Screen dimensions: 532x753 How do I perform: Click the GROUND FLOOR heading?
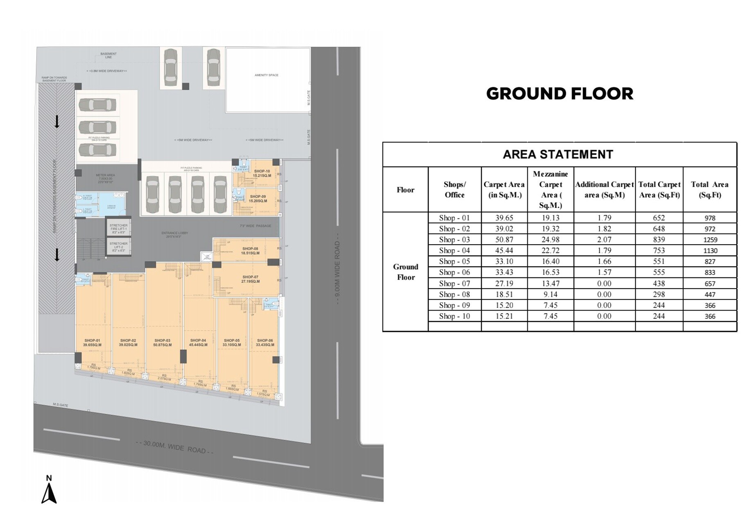[x=559, y=94]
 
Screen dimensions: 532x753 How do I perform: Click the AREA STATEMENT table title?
[x=558, y=154]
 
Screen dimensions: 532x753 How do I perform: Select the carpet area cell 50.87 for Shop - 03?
[x=504, y=240]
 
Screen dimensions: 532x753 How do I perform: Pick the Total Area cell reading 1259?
[x=710, y=240]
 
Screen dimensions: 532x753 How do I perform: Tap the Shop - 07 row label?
[x=454, y=283]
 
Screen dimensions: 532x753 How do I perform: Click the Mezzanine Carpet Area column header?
[x=550, y=189]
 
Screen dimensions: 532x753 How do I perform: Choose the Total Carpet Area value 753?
[x=659, y=250]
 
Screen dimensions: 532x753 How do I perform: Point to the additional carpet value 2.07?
[x=604, y=240]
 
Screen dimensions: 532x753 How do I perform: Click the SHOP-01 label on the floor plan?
[x=92, y=343]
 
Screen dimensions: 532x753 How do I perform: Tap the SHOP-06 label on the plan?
[x=265, y=343]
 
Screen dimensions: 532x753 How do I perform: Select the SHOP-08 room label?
[x=250, y=251]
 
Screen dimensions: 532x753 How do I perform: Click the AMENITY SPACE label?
[x=266, y=75]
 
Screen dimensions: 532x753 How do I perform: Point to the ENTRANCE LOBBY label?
[x=174, y=234]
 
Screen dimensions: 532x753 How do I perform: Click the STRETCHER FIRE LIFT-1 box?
[x=118, y=228]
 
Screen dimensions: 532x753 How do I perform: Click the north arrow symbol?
[x=49, y=493]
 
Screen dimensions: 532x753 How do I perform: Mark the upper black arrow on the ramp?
[x=57, y=122]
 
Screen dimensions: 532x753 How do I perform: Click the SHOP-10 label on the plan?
[x=262, y=173]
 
